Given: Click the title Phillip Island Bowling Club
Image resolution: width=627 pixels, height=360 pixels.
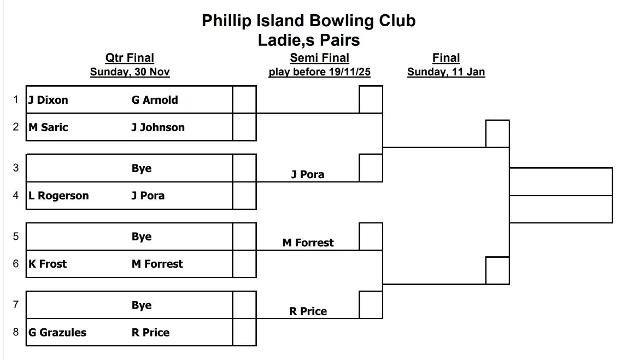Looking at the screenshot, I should [308, 21].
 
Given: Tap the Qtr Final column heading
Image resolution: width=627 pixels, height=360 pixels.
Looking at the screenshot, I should [130, 58].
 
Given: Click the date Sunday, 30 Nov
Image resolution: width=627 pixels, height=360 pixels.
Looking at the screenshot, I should [130, 72].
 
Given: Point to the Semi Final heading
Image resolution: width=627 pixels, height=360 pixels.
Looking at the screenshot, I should [319, 58].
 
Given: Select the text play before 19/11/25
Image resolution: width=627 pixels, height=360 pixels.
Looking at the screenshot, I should [319, 72].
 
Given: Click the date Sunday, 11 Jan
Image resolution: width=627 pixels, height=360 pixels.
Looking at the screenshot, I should [446, 72].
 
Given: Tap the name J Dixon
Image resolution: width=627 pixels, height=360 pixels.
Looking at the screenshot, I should [49, 100].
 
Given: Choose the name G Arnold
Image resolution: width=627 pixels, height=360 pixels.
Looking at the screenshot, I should [155, 100].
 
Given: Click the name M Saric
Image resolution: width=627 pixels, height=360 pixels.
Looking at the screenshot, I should [49, 127].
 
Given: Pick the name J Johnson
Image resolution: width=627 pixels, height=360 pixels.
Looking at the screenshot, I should [158, 127].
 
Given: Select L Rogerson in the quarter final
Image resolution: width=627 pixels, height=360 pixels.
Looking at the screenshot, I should [58, 196].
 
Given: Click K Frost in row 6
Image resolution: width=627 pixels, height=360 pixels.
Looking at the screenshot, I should [48, 264].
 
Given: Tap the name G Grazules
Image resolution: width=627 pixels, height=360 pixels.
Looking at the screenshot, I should [57, 332].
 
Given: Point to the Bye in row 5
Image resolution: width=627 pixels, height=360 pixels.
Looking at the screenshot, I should [142, 237].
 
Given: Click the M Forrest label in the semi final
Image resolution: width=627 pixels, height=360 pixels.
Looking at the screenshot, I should [308, 243].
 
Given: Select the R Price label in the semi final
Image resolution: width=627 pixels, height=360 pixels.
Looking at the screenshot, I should [308, 311].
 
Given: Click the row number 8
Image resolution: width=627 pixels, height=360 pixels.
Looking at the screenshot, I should [16, 332].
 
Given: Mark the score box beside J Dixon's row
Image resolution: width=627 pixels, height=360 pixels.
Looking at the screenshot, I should [244, 99].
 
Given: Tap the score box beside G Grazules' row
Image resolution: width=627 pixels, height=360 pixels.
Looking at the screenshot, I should [244, 332].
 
